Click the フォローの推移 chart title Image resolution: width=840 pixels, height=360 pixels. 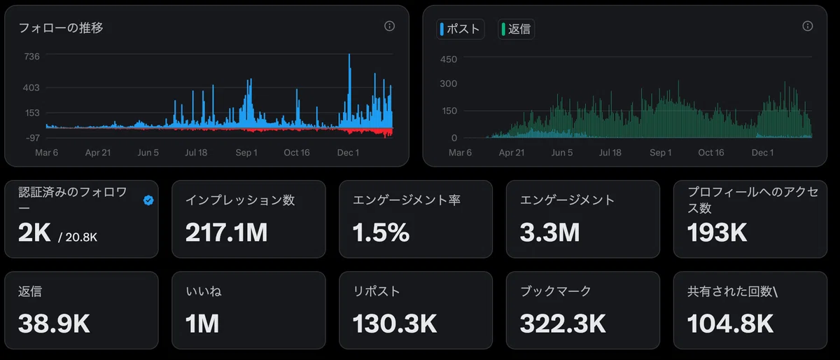(x=61, y=28)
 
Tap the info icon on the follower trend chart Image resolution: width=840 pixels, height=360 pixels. (x=389, y=26)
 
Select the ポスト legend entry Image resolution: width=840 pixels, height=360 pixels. (x=460, y=29)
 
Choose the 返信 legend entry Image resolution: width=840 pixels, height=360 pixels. (x=516, y=29)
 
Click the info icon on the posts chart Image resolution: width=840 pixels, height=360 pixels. (x=807, y=26)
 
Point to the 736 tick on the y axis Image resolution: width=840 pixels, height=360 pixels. (x=32, y=57)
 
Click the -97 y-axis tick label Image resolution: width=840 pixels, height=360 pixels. (x=33, y=138)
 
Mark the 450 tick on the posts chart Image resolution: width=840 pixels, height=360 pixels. (x=449, y=60)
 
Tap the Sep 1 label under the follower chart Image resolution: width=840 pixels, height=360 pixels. (x=246, y=153)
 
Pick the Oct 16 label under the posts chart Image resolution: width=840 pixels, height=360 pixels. (x=711, y=153)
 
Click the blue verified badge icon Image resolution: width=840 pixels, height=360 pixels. (x=148, y=200)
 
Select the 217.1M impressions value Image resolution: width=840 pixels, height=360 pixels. (x=227, y=233)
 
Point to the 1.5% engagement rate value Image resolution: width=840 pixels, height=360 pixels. (x=381, y=233)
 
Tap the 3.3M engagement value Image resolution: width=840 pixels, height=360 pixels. (x=549, y=233)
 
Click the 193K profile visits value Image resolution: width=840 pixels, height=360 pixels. (x=717, y=233)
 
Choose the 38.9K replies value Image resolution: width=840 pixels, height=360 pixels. (x=54, y=324)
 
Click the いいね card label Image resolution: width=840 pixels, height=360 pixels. (x=204, y=291)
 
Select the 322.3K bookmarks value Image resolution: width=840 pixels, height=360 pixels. (x=563, y=324)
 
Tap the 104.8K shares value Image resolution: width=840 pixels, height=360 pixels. (x=730, y=324)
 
